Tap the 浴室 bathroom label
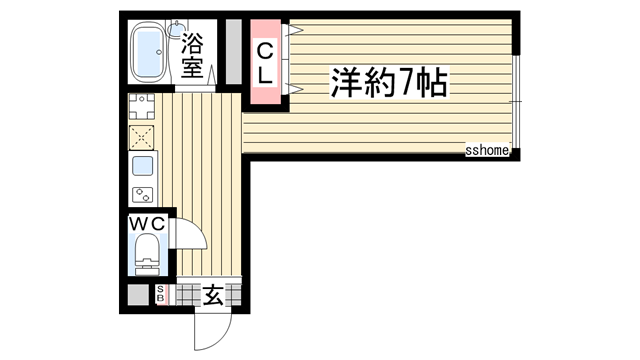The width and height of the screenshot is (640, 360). (x=193, y=57)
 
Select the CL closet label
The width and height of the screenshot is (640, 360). (x=266, y=61)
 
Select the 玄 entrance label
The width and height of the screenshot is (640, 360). (x=214, y=295)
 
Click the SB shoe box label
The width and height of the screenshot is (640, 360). (x=160, y=295)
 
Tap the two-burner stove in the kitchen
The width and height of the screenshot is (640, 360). (x=142, y=193)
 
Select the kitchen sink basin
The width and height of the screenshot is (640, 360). (x=142, y=166)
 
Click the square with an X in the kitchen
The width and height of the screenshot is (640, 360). (x=142, y=136)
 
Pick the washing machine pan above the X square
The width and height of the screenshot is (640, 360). (x=142, y=105)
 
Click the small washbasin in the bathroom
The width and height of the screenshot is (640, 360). (x=178, y=27)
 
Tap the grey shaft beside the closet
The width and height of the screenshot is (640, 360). (x=233, y=52)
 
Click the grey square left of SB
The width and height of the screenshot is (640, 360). (x=136, y=296)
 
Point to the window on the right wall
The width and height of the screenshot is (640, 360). (x=518, y=100)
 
